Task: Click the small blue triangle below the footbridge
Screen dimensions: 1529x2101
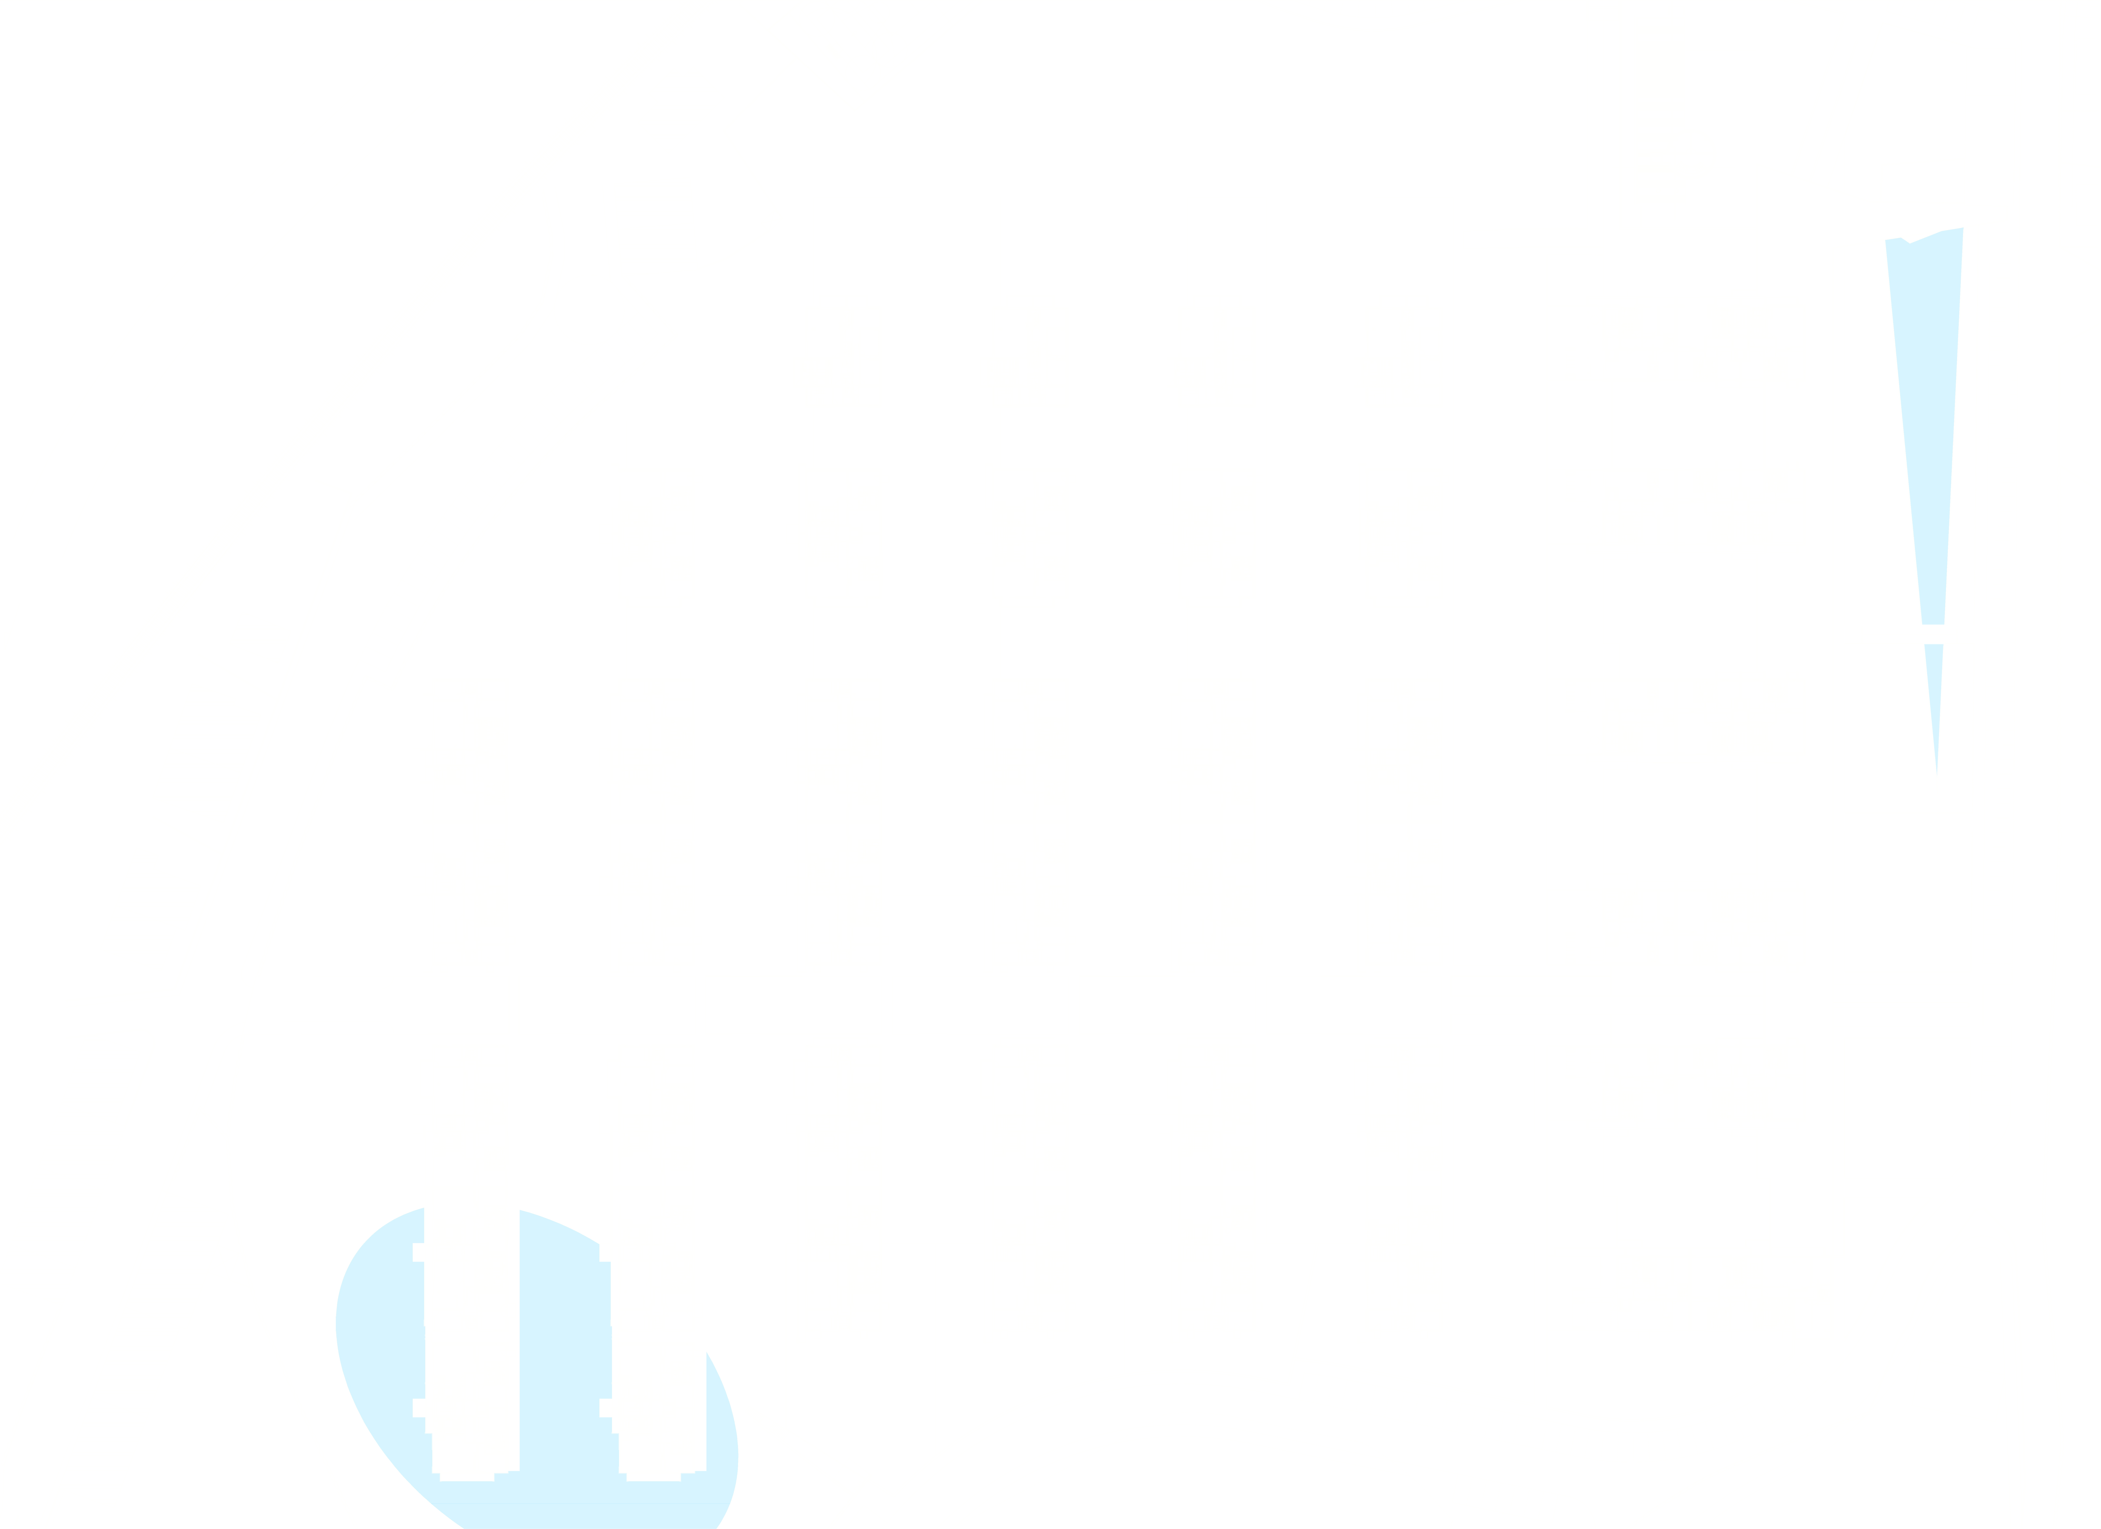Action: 1934,704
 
